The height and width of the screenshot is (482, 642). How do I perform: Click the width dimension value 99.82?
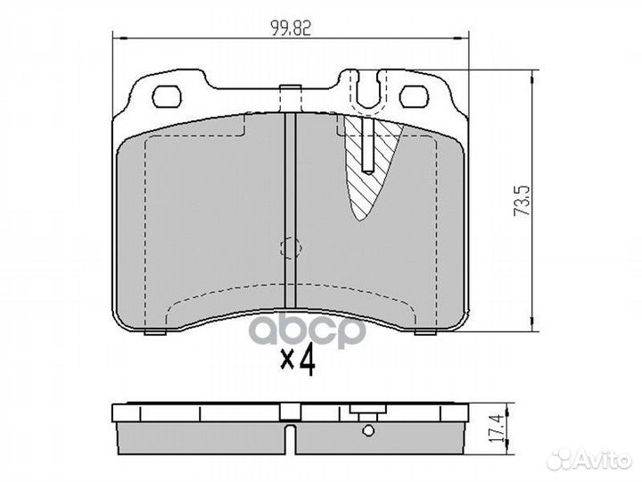pos(291,27)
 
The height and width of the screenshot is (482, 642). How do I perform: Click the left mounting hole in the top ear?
pos(168,94)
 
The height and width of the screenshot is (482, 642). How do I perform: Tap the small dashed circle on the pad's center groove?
pos(289,249)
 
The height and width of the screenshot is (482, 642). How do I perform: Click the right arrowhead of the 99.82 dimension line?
pos(464,37)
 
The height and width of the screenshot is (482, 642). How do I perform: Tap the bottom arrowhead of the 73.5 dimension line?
pos(531,328)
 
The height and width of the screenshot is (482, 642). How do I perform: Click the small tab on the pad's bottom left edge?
pos(154,333)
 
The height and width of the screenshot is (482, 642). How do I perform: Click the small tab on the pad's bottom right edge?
pos(424,333)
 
